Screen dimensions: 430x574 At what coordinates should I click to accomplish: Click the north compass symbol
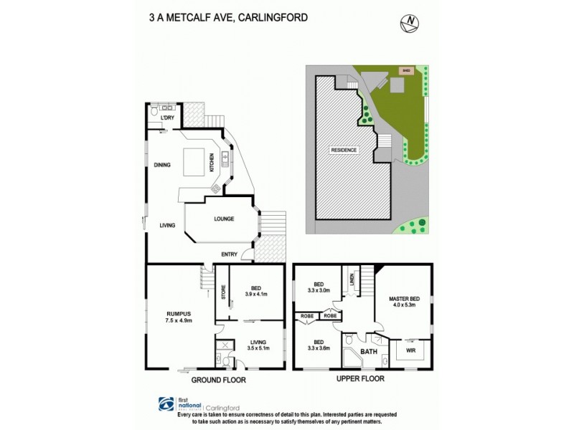click(x=408, y=23)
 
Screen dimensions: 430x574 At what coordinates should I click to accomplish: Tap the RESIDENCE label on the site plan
click(x=344, y=150)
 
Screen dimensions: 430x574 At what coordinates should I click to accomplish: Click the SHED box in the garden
click(x=406, y=70)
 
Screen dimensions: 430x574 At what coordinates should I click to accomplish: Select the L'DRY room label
click(x=168, y=117)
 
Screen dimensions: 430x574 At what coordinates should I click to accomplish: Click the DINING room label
click(x=161, y=165)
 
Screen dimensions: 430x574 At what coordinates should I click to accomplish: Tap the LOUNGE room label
click(x=223, y=219)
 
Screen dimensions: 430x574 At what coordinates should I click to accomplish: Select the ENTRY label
click(x=230, y=254)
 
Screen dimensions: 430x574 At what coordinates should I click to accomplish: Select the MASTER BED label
click(x=405, y=299)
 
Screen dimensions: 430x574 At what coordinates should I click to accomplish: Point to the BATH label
click(x=369, y=352)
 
